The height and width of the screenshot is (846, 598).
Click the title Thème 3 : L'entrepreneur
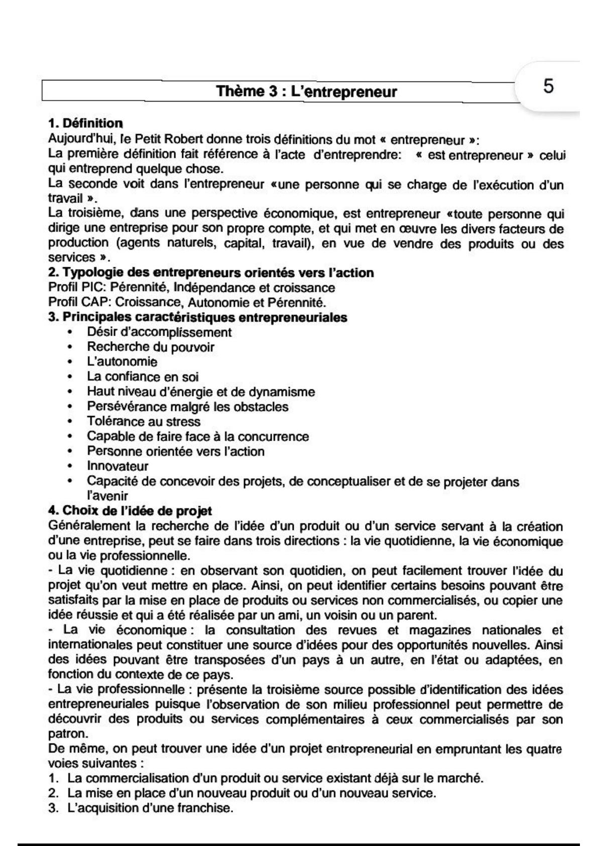tap(306, 92)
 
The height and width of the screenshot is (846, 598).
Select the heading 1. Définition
tap(85, 123)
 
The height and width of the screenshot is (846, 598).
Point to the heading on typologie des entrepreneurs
tap(211, 273)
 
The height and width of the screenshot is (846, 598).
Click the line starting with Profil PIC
tap(191, 288)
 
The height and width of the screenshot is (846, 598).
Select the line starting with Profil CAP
tap(187, 303)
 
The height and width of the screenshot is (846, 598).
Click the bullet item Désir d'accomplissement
tap(159, 332)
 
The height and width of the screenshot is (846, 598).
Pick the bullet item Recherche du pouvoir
tap(151, 347)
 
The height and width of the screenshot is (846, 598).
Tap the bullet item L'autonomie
tap(122, 362)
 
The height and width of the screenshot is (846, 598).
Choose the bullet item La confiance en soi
tap(143, 377)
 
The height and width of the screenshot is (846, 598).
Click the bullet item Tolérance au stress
tap(144, 421)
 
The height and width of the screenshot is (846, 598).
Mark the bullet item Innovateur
tap(117, 466)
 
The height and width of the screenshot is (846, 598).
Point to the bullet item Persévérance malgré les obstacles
tap(188, 406)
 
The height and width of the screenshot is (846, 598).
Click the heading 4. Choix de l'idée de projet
tap(130, 511)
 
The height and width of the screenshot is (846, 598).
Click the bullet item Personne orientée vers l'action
tap(176, 451)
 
